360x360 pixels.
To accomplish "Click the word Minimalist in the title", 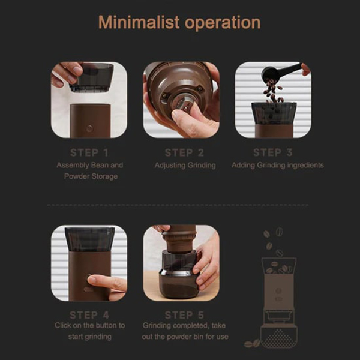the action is click(139, 22).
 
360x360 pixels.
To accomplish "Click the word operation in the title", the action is click(223, 23).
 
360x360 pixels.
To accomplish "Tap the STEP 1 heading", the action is click(89, 152).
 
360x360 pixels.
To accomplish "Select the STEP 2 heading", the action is click(184, 152).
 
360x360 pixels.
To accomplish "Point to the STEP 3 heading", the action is click(273, 152).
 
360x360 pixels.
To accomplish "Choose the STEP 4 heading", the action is click(89, 315).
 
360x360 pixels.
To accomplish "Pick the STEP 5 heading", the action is click(184, 315).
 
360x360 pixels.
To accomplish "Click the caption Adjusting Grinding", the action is click(185, 166).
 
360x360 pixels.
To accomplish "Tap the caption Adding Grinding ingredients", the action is click(278, 166).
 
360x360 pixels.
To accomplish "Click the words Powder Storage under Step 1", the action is click(91, 176).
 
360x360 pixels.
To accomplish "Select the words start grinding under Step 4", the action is click(90, 337).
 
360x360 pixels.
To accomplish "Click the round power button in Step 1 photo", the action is click(89, 128).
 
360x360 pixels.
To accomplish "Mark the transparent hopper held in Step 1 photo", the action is click(92, 77).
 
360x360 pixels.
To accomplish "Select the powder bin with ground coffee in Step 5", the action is click(179, 284).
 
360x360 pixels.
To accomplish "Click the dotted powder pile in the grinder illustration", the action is click(279, 338).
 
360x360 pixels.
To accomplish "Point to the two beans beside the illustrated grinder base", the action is click(252, 343).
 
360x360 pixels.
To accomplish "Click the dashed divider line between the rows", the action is click(178, 205).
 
